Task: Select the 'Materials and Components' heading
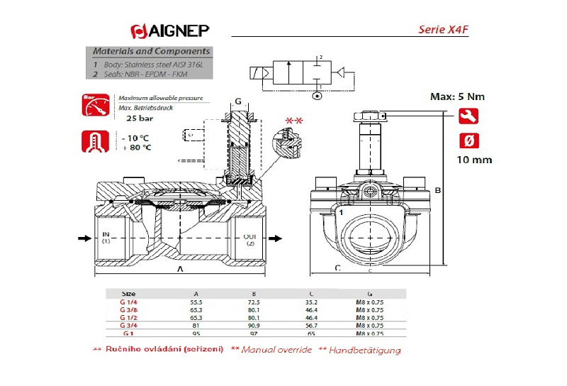click(152, 52)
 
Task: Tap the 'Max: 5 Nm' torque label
click(459, 96)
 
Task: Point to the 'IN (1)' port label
click(106, 238)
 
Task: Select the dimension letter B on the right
click(438, 190)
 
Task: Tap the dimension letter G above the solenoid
click(238, 100)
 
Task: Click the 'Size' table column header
click(128, 293)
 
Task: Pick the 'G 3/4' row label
click(128, 326)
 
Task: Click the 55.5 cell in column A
click(196, 302)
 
